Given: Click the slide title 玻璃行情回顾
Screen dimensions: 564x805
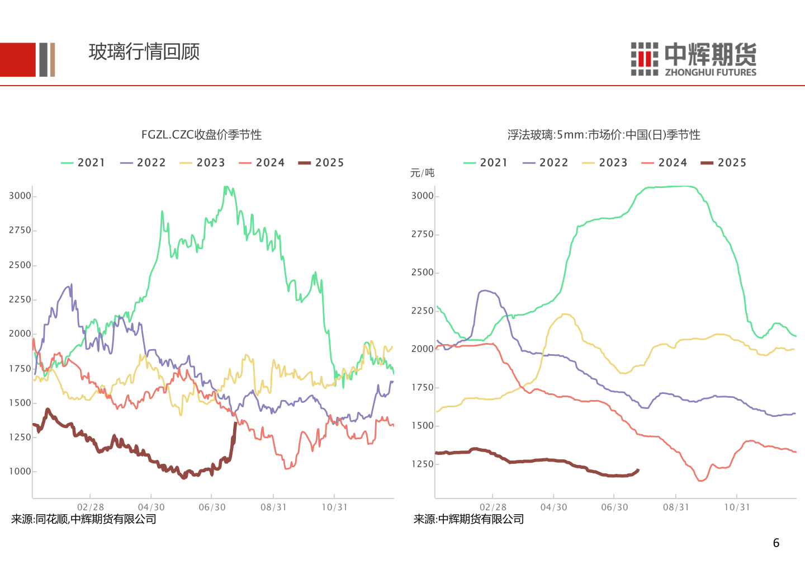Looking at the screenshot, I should pyautogui.click(x=144, y=52).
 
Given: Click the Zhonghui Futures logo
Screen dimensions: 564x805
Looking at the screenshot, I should pyautogui.click(x=693, y=59).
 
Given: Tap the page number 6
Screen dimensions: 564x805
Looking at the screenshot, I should pyautogui.click(x=776, y=543).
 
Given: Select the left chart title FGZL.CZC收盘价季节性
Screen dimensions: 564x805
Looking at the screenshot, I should pyautogui.click(x=201, y=135).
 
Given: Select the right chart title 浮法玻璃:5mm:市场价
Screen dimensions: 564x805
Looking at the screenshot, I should pyautogui.click(x=604, y=135).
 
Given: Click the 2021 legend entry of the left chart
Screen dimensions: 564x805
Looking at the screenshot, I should pyautogui.click(x=83, y=163).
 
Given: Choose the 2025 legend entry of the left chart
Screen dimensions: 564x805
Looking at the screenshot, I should pyautogui.click(x=321, y=163).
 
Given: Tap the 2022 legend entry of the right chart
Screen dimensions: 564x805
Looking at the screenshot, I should pyautogui.click(x=546, y=163).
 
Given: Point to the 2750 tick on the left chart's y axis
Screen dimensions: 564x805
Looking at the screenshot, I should pyautogui.click(x=20, y=231).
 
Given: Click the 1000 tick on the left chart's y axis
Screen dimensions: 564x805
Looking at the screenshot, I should pyautogui.click(x=20, y=472).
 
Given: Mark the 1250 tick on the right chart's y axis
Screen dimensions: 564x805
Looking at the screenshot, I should pyautogui.click(x=423, y=464).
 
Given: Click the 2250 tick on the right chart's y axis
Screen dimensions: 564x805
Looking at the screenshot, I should pyautogui.click(x=423, y=311).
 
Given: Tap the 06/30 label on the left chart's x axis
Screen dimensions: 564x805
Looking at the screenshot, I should pyautogui.click(x=212, y=507).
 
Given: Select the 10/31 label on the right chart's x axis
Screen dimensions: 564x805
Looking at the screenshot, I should pyautogui.click(x=737, y=507).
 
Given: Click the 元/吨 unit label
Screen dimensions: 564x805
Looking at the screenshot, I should pyautogui.click(x=422, y=173).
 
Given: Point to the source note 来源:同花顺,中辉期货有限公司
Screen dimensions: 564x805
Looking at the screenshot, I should pyautogui.click(x=84, y=519).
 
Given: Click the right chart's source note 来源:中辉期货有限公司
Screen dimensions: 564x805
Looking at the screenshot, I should pyautogui.click(x=469, y=519).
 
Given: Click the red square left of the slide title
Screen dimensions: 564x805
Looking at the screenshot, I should pyautogui.click(x=17, y=60).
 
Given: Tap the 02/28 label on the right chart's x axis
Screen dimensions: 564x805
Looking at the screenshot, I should pyautogui.click(x=493, y=507).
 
